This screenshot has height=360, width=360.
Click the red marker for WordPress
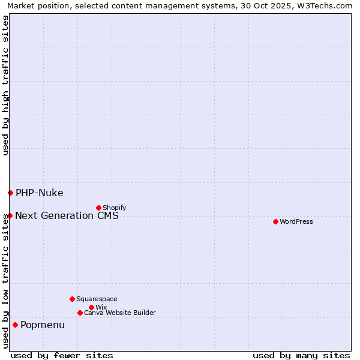[275, 221]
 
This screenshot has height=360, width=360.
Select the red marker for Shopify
[98, 208]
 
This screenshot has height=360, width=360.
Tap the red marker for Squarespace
[72, 299]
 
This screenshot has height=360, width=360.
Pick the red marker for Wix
[91, 307]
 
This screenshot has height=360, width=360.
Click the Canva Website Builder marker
[80, 313]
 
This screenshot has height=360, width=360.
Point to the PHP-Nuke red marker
[10, 193]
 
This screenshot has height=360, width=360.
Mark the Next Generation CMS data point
[10, 215]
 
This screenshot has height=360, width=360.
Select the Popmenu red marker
[15, 325]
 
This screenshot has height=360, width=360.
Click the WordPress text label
[296, 221]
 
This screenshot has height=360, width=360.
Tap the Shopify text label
[114, 208]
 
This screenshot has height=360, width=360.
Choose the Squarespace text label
[97, 299]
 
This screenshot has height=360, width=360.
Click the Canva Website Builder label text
[120, 313]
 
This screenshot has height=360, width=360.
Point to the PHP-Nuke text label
[40, 193]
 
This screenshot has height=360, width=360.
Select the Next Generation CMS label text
[67, 215]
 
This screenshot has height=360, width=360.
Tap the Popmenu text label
[43, 325]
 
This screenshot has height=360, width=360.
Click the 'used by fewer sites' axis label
[62, 355]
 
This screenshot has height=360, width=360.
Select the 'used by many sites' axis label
[301, 355]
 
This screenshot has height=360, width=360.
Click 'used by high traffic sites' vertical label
[5, 85]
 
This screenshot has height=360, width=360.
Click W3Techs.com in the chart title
[327, 5]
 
